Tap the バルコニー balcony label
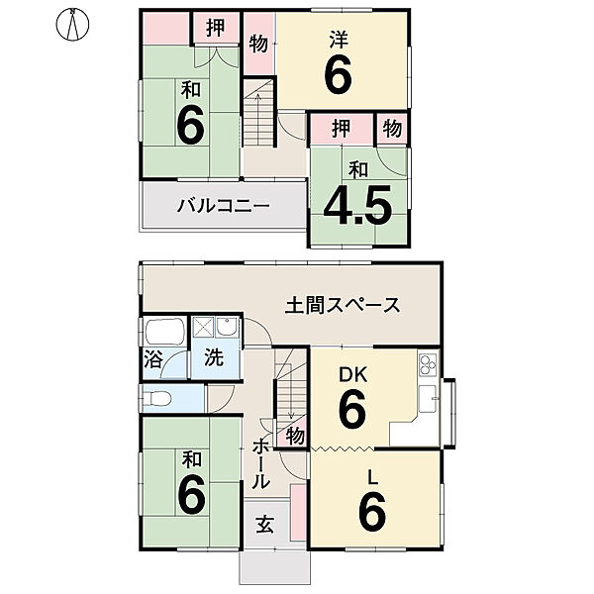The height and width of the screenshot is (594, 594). [224, 207]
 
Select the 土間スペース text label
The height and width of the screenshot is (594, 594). [344, 305]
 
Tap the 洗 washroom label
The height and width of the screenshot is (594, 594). [214, 359]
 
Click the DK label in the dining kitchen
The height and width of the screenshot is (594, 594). [352, 375]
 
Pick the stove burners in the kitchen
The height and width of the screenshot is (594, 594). [428, 364]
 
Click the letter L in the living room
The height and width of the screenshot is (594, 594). [372, 477]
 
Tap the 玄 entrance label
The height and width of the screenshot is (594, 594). [266, 525]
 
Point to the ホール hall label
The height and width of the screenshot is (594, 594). [260, 462]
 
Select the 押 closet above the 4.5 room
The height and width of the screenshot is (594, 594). [341, 128]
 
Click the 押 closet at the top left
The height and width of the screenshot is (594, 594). [215, 28]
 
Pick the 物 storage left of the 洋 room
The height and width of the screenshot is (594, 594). [258, 44]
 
